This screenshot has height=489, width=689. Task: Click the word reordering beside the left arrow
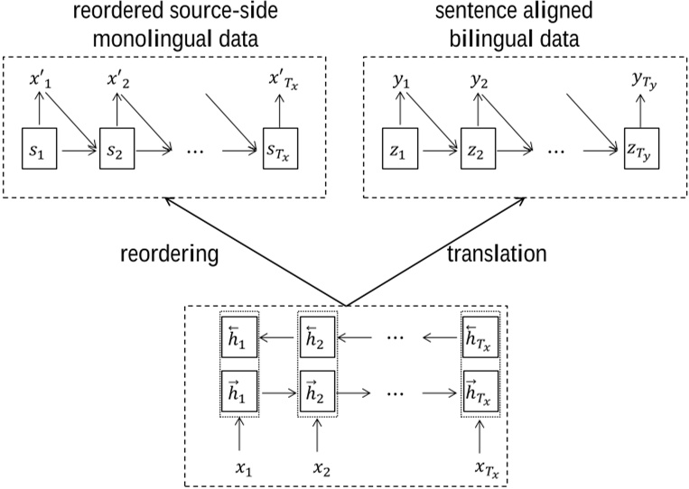tap(170, 254)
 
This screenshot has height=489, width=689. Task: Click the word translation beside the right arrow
tap(498, 254)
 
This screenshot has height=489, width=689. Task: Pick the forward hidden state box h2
tap(318, 392)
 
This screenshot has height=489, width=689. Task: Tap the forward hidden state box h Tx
tap(480, 392)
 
